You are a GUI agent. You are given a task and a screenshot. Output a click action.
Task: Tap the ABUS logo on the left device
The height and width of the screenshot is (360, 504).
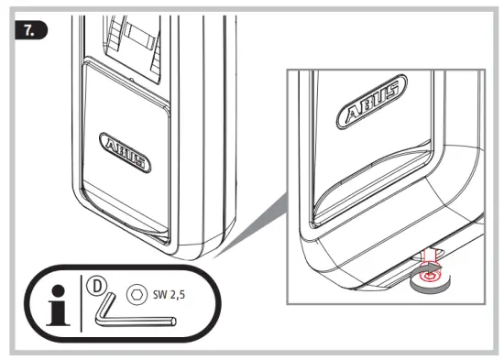124,154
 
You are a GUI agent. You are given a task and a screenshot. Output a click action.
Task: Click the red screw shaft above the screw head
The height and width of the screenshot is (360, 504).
428,259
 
